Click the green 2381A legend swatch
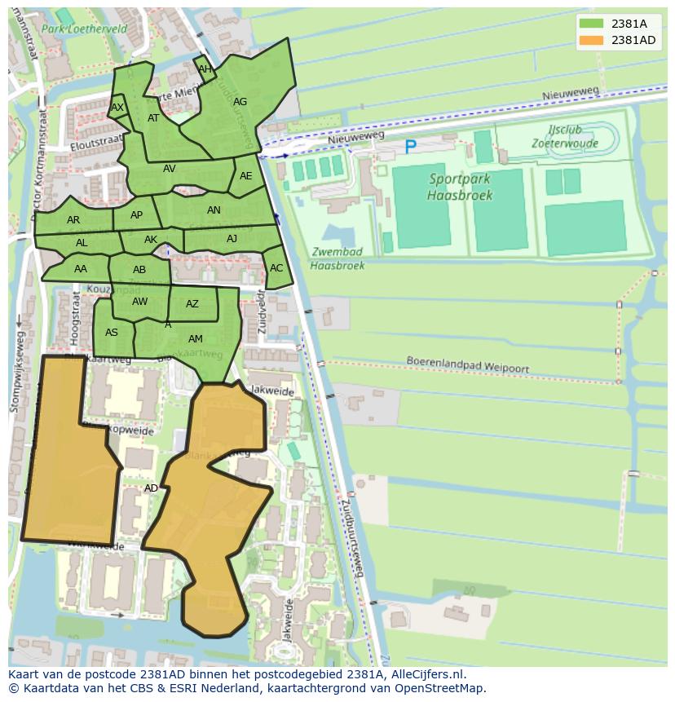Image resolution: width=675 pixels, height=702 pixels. click(x=591, y=24)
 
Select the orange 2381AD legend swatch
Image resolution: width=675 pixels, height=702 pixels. click(x=591, y=40)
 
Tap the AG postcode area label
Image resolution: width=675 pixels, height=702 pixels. click(x=240, y=102)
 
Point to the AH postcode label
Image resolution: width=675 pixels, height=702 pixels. click(x=205, y=69)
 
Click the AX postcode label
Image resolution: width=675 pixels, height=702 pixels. click(x=117, y=108)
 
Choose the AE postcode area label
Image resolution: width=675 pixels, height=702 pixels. click(x=245, y=176)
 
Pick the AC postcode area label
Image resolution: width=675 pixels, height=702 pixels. click(x=276, y=268)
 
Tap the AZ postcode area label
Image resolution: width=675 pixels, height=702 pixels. click(x=192, y=304)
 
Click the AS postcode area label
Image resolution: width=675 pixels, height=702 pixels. click(x=112, y=332)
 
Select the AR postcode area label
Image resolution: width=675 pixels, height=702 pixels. click(x=73, y=220)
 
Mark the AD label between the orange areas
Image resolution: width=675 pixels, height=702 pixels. click(x=151, y=488)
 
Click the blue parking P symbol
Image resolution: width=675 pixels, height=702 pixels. click(x=410, y=148)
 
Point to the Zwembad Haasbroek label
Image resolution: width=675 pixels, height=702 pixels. click(x=337, y=258)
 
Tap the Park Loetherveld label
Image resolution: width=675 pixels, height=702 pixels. click(x=96, y=29)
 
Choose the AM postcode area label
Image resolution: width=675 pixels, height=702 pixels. click(x=196, y=339)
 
